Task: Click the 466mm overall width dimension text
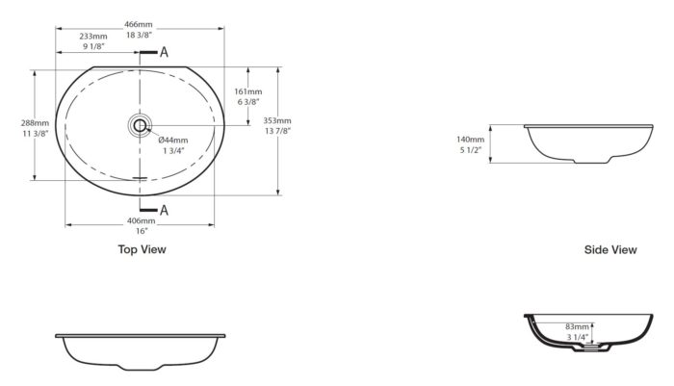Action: [139, 24]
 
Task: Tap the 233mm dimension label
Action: [93, 37]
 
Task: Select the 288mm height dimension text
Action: [36, 123]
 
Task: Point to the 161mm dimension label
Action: [248, 91]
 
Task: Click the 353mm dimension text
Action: [277, 120]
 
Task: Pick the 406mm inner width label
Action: [142, 221]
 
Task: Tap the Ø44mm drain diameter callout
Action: [173, 141]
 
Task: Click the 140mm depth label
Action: [470, 140]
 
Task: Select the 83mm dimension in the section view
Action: [578, 327]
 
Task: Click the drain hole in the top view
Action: [140, 125]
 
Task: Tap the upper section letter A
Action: [164, 52]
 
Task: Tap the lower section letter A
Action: [164, 210]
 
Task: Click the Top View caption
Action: [143, 249]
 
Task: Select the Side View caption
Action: [610, 249]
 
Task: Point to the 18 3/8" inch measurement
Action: [139, 35]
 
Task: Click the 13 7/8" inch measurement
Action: [277, 131]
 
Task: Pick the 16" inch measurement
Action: [142, 231]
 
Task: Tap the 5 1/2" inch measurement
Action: [470, 150]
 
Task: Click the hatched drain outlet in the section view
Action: [592, 346]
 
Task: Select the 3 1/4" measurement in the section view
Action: [577, 338]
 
